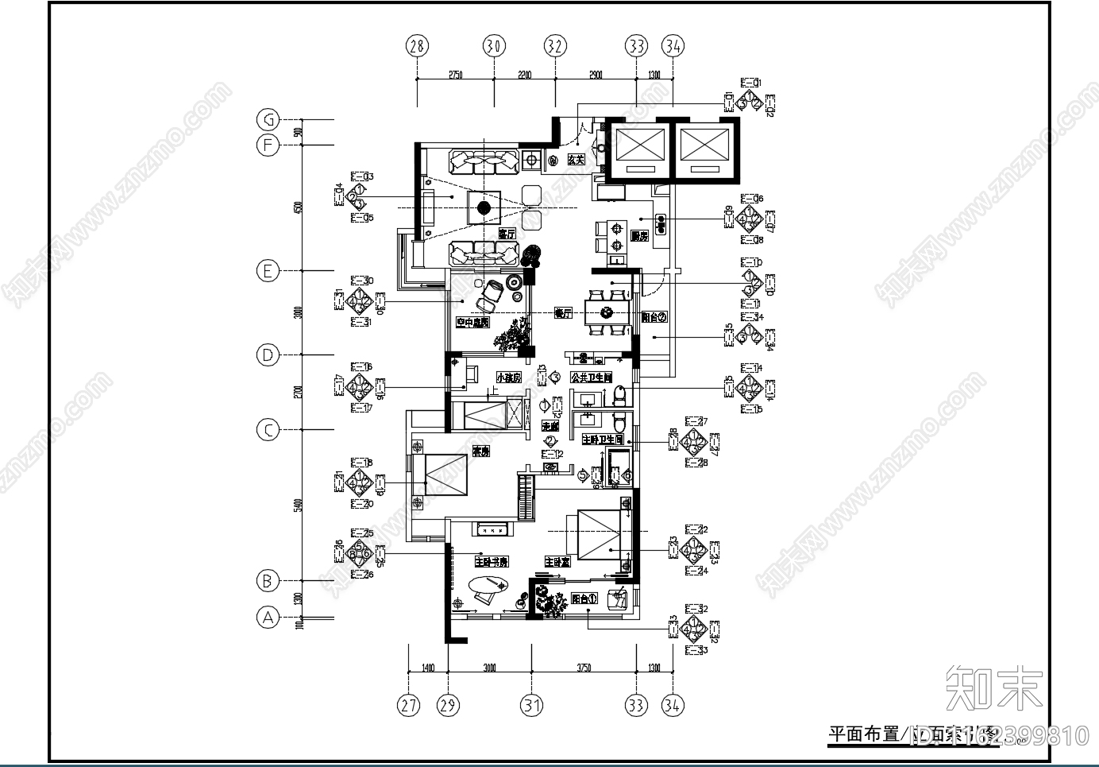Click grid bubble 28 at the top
coord(417,46)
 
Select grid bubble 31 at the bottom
coord(531,705)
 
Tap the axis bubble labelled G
coord(268,120)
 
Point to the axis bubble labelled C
coord(268,430)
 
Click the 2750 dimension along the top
coord(455,75)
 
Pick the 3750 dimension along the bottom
coord(583,668)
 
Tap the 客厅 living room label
coord(507,234)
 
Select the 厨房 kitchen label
coord(639,236)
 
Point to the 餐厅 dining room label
coord(562,314)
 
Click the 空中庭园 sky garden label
coord(472,322)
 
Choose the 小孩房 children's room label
coord(508,378)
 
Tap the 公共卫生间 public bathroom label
coord(591,378)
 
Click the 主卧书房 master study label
coord(491,562)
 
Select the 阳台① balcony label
coord(584,598)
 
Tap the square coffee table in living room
coord(482,208)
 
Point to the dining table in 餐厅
coord(607,311)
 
